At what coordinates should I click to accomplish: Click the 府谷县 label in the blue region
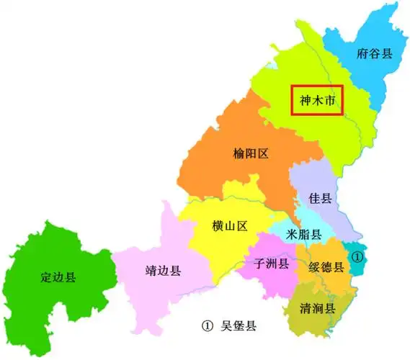pyautogui.click(x=375, y=53)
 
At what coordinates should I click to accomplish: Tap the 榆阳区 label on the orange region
pyautogui.click(x=251, y=153)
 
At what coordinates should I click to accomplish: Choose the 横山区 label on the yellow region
pyautogui.click(x=230, y=226)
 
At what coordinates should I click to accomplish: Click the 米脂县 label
pyautogui.click(x=303, y=235)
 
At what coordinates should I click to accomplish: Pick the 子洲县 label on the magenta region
pyautogui.click(x=272, y=264)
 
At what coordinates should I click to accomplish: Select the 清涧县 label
pyautogui.click(x=318, y=309)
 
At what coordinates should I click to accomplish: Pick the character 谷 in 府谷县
pyautogui.click(x=375, y=53)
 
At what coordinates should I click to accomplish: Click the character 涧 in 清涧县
pyautogui.click(x=318, y=309)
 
